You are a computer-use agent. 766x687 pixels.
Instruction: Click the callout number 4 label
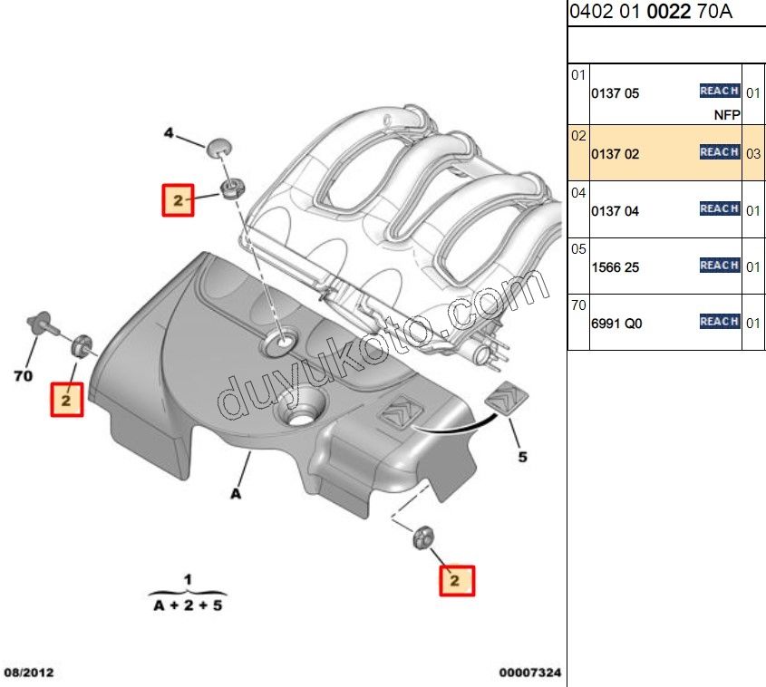[169, 133]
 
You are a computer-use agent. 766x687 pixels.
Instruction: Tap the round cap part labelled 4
[218, 148]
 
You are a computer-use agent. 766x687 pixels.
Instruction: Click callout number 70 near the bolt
[24, 376]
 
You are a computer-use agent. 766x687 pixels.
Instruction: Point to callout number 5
[523, 457]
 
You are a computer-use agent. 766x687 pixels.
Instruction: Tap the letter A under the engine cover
[236, 494]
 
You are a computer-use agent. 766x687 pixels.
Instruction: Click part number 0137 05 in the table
[615, 93]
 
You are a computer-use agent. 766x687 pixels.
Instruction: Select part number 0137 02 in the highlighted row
[615, 154]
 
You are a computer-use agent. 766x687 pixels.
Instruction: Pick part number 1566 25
[615, 267]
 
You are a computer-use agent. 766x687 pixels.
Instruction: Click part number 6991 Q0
[616, 324]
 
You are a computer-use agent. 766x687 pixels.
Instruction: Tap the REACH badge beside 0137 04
[720, 208]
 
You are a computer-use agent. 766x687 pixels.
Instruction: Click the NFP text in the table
[727, 115]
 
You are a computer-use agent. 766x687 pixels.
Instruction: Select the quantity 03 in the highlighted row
[753, 154]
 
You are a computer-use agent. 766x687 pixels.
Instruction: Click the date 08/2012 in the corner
[29, 672]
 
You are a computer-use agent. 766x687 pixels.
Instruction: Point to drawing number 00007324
[530, 672]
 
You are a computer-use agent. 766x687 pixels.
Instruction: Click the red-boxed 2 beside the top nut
[179, 200]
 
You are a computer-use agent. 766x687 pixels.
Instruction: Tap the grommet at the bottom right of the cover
[423, 538]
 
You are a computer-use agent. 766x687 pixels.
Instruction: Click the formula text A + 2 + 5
[188, 605]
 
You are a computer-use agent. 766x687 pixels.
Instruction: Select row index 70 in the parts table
[578, 305]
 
